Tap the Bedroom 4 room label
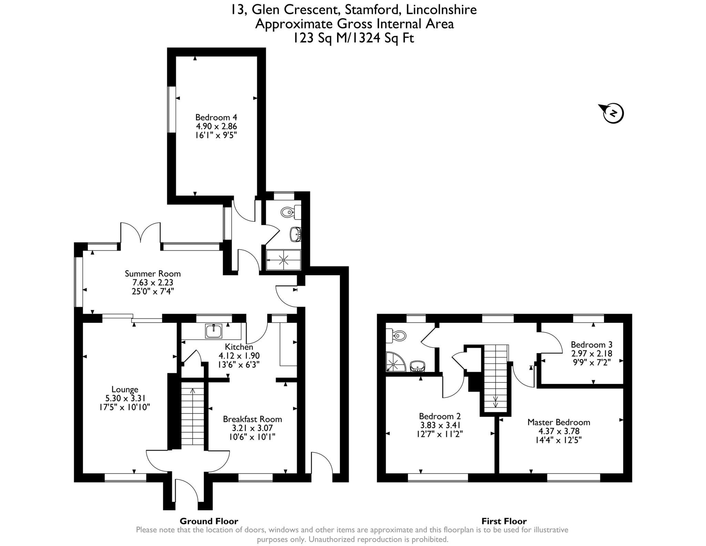coord(216,117)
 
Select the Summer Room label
coord(153,274)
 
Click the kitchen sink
coord(214,331)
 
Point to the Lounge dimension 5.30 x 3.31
coord(125,398)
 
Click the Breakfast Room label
coord(252,419)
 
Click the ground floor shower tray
coord(283,260)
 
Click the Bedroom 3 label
coord(592,345)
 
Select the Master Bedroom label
coord(559,422)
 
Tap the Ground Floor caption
coord(209,521)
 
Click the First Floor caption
coord(504,521)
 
